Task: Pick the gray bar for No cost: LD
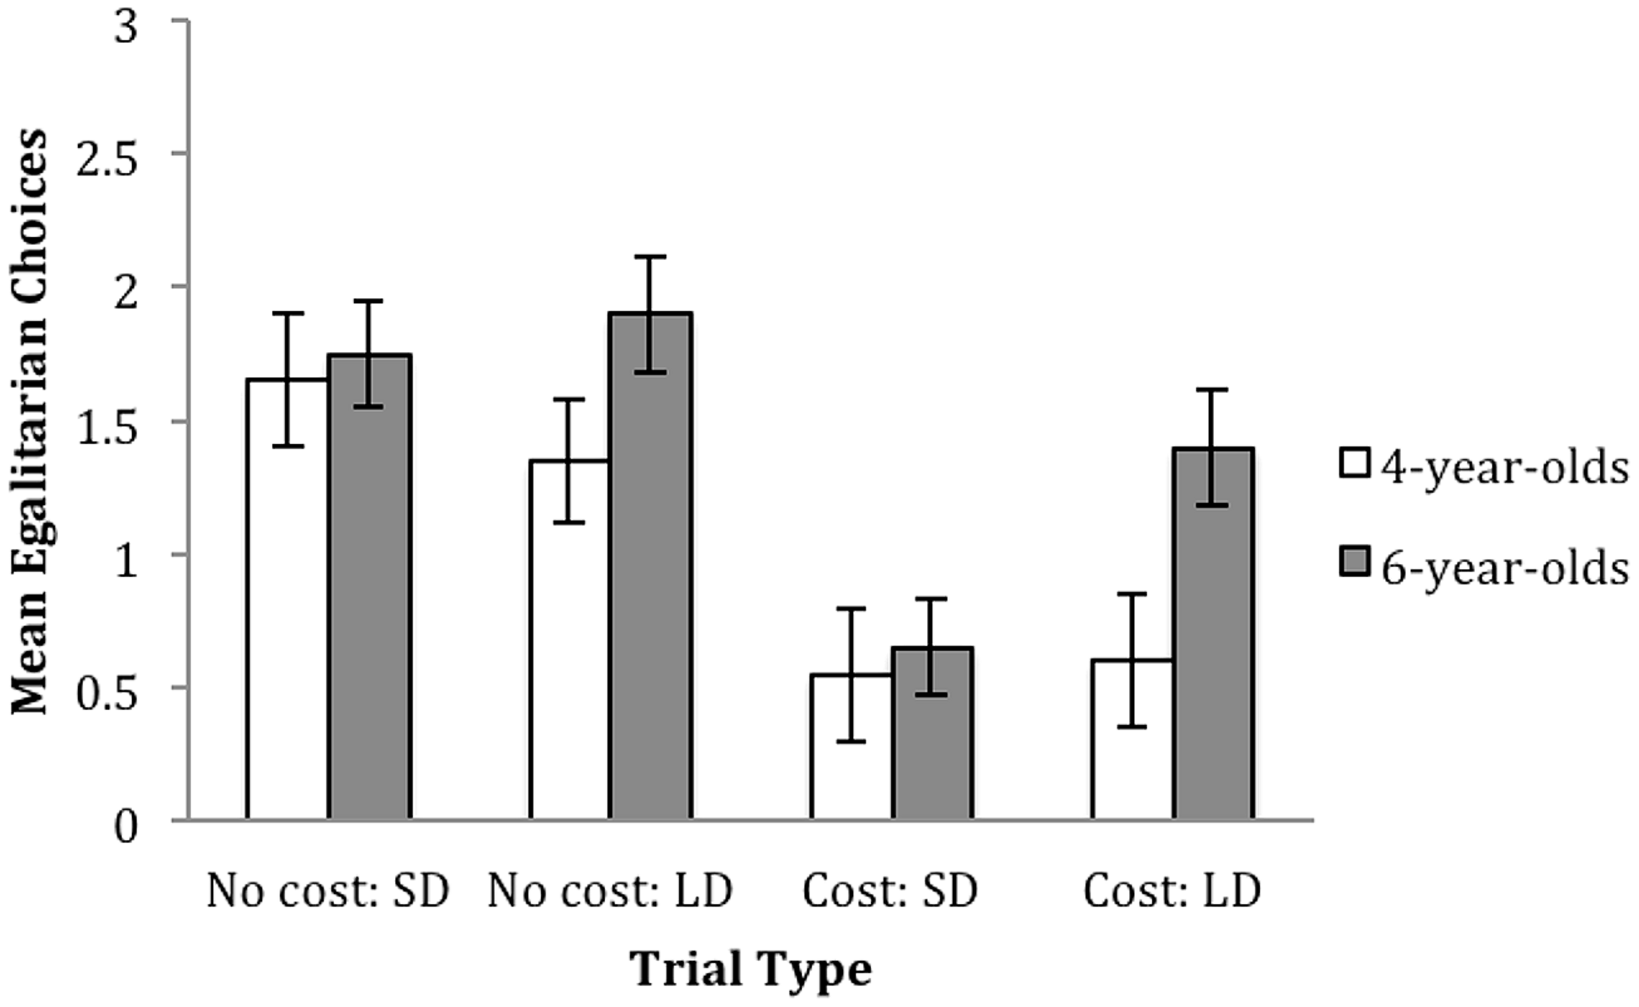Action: pyautogui.click(x=650, y=566)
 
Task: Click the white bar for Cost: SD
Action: pyautogui.click(x=851, y=746)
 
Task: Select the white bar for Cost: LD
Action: pyautogui.click(x=1132, y=739)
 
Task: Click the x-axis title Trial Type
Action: pyautogui.click(x=751, y=970)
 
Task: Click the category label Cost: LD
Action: pyautogui.click(x=1172, y=892)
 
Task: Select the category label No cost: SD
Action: pyautogui.click(x=328, y=892)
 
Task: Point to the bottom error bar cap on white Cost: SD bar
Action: pyautogui.click(x=851, y=741)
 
